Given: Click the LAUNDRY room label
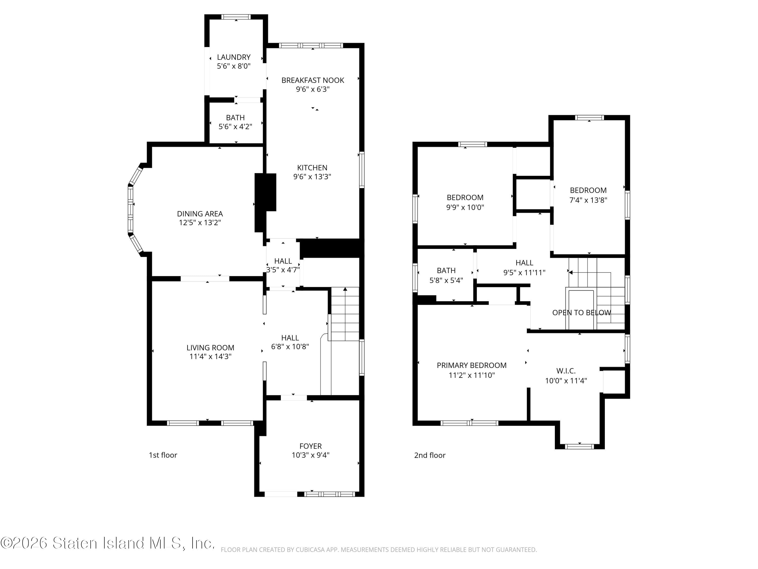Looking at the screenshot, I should click(x=234, y=57).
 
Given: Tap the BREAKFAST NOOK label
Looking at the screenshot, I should click(x=313, y=80).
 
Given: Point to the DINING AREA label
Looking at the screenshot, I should click(x=200, y=214).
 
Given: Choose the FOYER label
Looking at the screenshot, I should click(x=311, y=446).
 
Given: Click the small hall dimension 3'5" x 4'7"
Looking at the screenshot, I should click(x=283, y=270).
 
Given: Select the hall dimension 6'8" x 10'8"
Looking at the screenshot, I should click(x=290, y=346).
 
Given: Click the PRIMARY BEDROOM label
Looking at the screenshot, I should click(x=471, y=365).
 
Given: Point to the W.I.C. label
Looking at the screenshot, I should click(x=566, y=371).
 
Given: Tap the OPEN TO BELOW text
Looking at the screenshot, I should click(x=582, y=313).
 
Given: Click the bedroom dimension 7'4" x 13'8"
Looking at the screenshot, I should click(x=588, y=200).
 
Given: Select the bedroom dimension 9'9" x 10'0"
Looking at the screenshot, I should click(x=465, y=207).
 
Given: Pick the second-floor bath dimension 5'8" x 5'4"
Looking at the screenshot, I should click(x=446, y=280).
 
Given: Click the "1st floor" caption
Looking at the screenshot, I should click(x=163, y=455).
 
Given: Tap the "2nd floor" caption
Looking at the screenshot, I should click(x=430, y=455).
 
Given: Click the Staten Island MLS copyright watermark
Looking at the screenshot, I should click(x=108, y=543).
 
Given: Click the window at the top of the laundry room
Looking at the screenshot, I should click(x=236, y=17).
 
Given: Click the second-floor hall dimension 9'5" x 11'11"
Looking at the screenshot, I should click(x=524, y=273).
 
